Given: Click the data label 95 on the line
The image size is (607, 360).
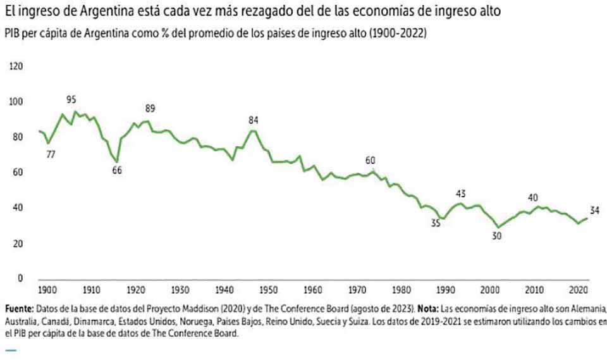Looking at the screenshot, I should [x=71, y=99].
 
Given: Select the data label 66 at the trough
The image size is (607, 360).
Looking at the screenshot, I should [x=117, y=170].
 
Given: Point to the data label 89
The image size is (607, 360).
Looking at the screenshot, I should [x=150, y=108].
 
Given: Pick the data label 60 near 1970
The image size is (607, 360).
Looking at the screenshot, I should [x=371, y=160].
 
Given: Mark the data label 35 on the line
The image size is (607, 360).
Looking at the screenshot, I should [x=435, y=222].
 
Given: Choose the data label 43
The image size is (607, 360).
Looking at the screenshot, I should [x=461, y=193].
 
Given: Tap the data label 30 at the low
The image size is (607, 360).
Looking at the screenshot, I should [x=497, y=236].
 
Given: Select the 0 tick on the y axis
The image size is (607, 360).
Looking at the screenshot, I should [x=19, y=278].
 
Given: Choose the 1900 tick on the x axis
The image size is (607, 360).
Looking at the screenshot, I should [x=46, y=290].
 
